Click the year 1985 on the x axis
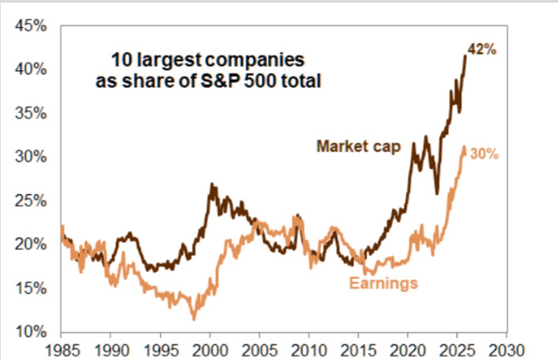(61, 351)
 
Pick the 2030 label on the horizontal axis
(506, 351)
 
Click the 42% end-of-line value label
(481, 49)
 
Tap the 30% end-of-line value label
(484, 154)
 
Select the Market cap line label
(358, 147)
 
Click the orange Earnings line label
(383, 283)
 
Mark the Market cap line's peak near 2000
(211, 184)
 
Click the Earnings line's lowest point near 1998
(194, 319)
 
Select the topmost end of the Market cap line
(465, 55)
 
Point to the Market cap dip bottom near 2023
(437, 193)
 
